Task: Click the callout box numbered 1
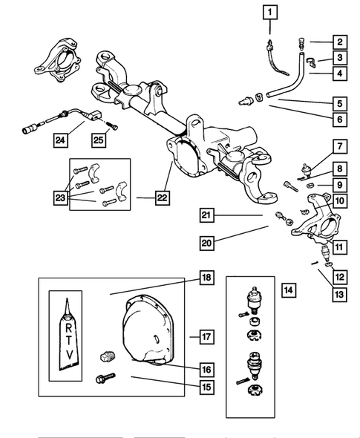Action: (x=270, y=13)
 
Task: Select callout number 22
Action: (x=163, y=197)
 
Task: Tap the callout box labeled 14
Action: (x=289, y=290)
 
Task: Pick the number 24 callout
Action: (x=61, y=140)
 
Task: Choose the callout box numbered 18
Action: (x=206, y=278)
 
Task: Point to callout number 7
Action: (x=340, y=146)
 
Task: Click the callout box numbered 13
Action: (x=339, y=295)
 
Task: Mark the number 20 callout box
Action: (x=207, y=243)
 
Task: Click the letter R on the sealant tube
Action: (x=69, y=328)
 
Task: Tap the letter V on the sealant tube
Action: (x=70, y=355)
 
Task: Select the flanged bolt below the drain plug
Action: (x=105, y=378)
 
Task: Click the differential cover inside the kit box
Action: (x=148, y=330)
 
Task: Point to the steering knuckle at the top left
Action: (x=57, y=60)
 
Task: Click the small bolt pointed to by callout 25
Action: (x=112, y=125)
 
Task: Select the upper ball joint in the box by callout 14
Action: (x=253, y=299)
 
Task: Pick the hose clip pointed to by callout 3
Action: (x=312, y=63)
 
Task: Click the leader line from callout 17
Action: (x=194, y=337)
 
